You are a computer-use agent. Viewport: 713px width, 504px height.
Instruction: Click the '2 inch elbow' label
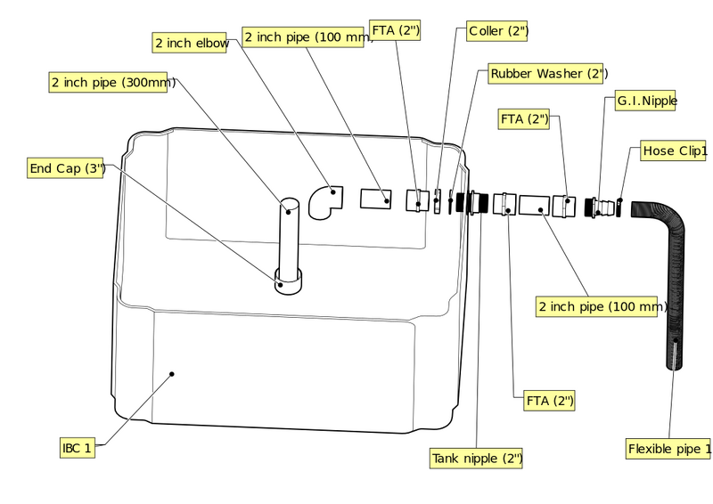tap(189, 43)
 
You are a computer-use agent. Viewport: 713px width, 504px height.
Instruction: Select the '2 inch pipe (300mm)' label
tap(108, 82)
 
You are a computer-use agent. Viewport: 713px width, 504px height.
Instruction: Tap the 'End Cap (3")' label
tap(65, 168)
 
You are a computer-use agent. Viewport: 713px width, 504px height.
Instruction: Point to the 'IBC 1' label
tap(78, 448)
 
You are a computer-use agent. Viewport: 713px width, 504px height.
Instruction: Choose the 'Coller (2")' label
tap(497, 31)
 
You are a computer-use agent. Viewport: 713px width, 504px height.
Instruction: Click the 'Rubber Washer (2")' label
tap(545, 73)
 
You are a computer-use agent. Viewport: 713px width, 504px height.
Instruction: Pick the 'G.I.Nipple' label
tap(645, 101)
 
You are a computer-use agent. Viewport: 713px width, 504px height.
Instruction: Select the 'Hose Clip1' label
tap(674, 150)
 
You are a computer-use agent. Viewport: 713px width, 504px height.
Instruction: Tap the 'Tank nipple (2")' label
tap(476, 458)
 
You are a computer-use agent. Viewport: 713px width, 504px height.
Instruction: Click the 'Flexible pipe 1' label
tap(668, 449)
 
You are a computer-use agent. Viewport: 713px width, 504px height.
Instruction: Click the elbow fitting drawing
tap(324, 202)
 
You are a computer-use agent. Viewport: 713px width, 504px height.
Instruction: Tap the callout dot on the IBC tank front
tap(172, 374)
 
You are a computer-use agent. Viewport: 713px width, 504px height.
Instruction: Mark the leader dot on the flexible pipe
tap(676, 340)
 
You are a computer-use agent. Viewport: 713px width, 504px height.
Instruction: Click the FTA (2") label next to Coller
tap(395, 30)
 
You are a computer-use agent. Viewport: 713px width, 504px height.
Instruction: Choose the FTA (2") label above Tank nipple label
tap(549, 401)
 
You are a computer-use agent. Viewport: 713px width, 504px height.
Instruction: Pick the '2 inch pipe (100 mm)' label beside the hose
tap(596, 306)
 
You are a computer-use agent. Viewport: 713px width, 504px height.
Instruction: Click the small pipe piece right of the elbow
tap(376, 199)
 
